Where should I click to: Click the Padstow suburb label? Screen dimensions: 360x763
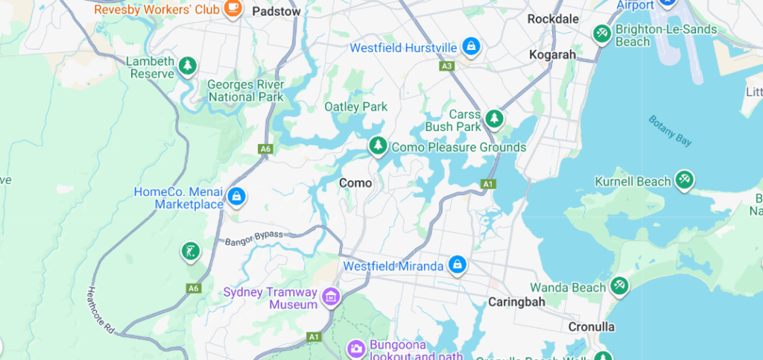point(276,11)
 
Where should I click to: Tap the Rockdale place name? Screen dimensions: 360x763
point(553,19)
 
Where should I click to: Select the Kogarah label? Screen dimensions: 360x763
point(552,54)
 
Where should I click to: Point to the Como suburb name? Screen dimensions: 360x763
point(355,183)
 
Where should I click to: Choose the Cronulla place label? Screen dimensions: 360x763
point(591,326)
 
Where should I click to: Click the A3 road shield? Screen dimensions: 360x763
point(447,66)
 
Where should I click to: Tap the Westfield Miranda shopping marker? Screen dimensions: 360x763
point(457,265)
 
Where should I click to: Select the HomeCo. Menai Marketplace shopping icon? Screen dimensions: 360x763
point(236,197)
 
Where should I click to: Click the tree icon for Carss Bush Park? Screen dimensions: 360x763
point(493,119)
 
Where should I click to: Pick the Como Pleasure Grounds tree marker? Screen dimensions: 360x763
point(378,146)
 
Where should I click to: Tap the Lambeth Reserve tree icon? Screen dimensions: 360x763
point(188,66)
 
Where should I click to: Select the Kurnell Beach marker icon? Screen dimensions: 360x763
point(684,180)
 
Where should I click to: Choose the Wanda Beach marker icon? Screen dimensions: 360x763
point(618,286)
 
